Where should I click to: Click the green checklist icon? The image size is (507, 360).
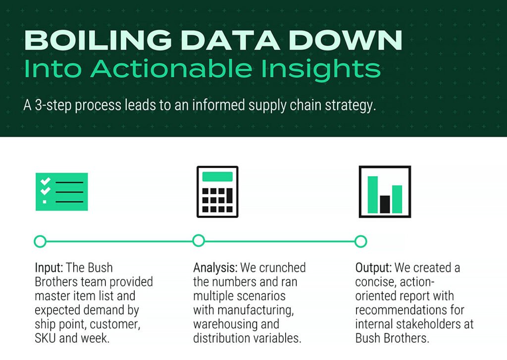(62, 192)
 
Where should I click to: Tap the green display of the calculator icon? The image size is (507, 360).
(217, 176)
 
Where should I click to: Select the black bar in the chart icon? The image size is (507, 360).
(385, 204)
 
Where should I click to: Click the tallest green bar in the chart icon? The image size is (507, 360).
(372, 194)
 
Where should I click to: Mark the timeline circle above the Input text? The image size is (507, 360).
(40, 241)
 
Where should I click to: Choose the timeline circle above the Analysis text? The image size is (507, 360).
(199, 241)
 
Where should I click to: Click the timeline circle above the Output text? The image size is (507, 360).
(361, 241)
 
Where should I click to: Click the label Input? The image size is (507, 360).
(49, 268)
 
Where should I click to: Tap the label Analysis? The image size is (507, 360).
(215, 268)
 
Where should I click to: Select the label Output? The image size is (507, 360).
(374, 268)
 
